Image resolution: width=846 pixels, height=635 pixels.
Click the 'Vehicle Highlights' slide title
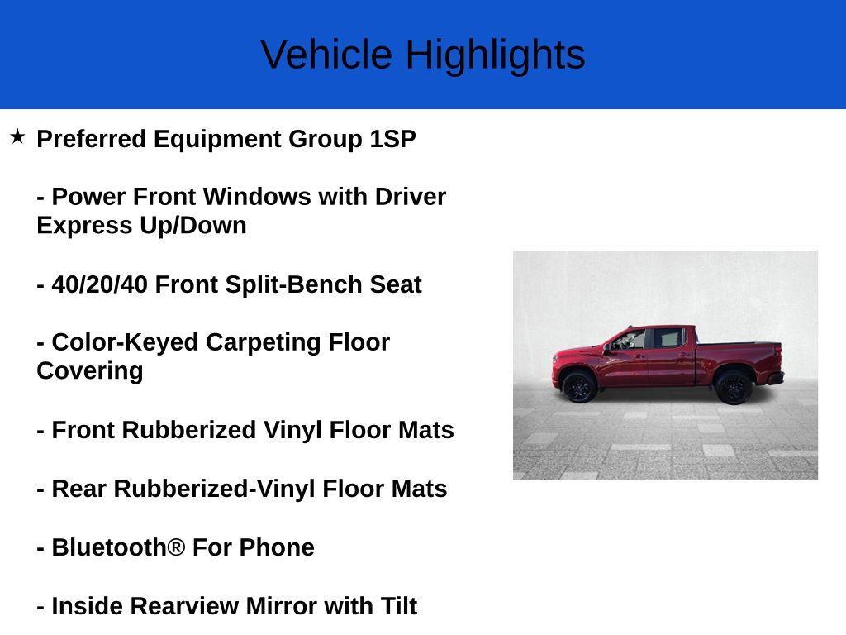(422, 55)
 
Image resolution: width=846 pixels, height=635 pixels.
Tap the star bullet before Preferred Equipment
(17, 136)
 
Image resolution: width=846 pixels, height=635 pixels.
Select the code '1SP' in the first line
(392, 139)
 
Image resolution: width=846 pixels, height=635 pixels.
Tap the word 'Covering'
(89, 371)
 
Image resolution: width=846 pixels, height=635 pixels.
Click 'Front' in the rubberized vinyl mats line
(83, 430)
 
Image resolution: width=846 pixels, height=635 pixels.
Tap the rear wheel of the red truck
(733, 387)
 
